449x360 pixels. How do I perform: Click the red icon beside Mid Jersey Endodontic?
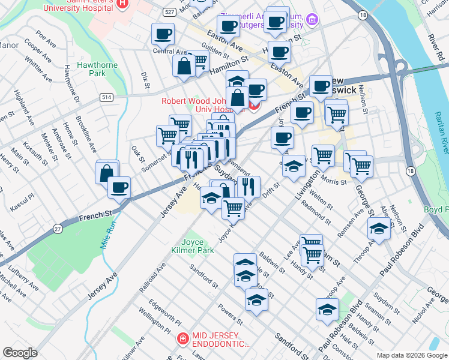click(182, 340)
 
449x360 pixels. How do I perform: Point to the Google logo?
click(20, 353)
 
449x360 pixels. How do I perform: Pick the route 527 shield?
click(170, 12)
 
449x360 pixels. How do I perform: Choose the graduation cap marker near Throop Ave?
click(378, 228)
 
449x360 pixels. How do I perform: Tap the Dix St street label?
click(145, 80)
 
